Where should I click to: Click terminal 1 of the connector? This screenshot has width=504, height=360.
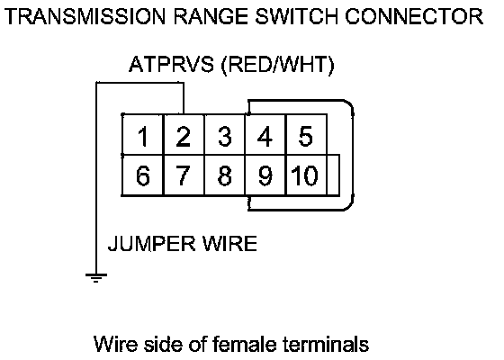click(x=143, y=135)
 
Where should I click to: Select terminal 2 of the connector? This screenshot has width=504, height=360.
click(x=184, y=135)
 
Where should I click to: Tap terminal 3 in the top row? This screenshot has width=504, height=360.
click(x=224, y=135)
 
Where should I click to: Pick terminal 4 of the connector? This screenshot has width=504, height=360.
click(x=265, y=135)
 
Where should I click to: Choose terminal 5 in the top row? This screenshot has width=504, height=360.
click(x=306, y=135)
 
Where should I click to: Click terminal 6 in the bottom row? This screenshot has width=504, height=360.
click(x=143, y=175)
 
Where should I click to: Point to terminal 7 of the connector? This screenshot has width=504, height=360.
click(x=184, y=175)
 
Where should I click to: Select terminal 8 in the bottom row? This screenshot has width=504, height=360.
click(x=224, y=175)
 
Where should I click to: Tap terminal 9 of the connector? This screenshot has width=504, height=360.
click(x=265, y=175)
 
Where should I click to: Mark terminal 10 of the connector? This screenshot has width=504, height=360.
click(x=306, y=175)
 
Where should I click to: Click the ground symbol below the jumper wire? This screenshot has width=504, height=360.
click(x=96, y=278)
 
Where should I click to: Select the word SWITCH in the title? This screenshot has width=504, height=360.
click(x=296, y=16)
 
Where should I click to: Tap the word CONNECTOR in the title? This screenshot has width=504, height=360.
click(x=414, y=16)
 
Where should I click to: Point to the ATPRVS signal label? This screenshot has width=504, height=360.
click(x=171, y=64)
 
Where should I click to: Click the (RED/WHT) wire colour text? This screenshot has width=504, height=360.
click(x=278, y=65)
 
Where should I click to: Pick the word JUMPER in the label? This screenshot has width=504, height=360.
click(x=151, y=243)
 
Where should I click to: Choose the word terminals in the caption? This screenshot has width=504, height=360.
click(x=326, y=344)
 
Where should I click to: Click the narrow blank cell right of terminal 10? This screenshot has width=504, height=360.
click(x=333, y=175)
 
